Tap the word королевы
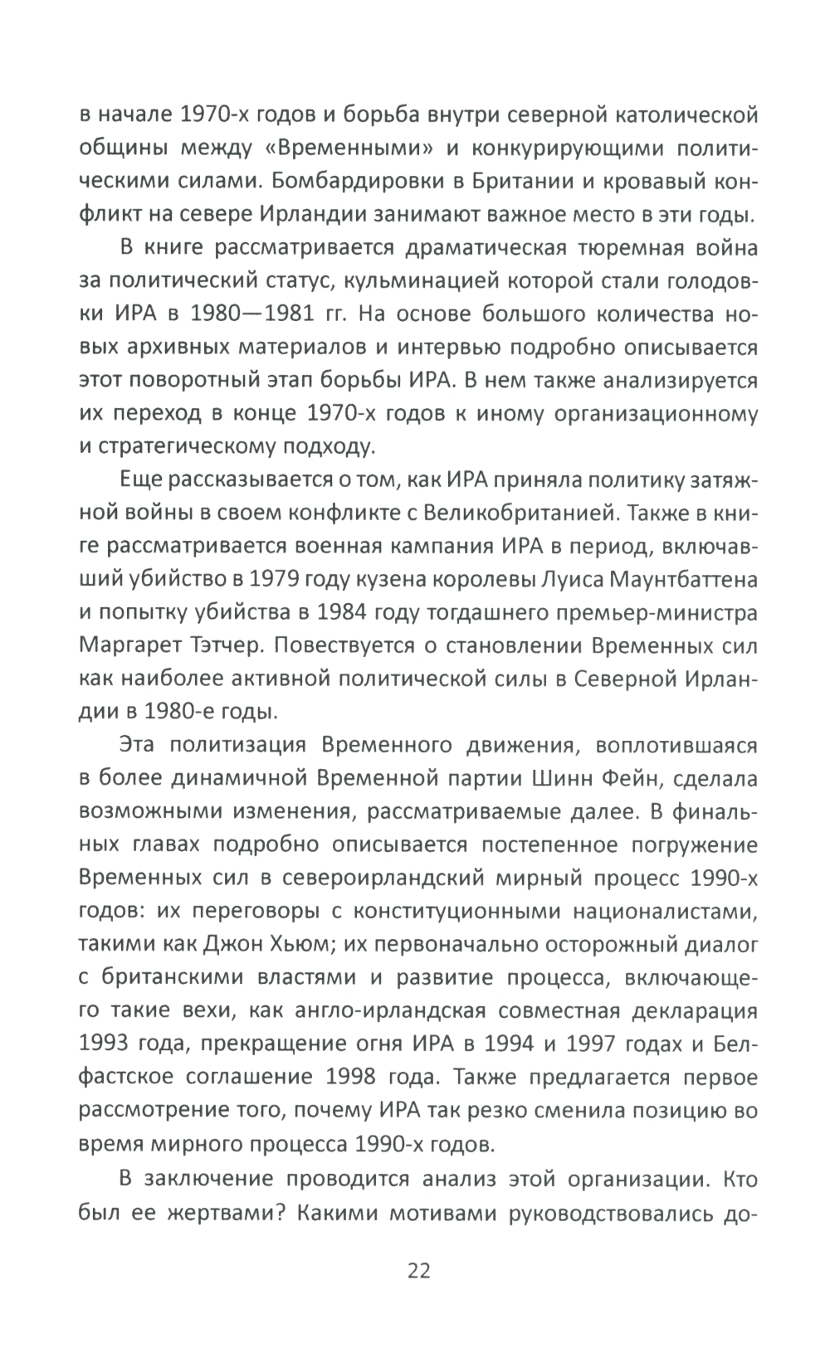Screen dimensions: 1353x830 [x=456, y=578]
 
